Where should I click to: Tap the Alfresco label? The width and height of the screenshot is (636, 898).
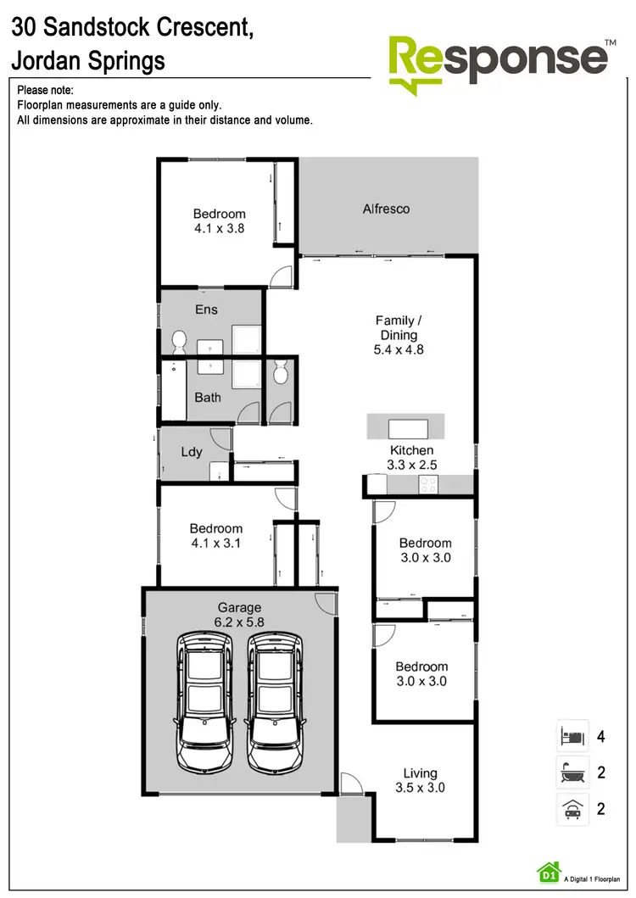point(386,209)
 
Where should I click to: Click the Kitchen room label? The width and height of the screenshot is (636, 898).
point(411,450)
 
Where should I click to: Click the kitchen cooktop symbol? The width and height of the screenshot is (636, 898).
point(428,484)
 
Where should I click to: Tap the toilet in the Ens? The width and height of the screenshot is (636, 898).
point(179,342)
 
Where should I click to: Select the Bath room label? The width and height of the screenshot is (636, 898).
point(208,397)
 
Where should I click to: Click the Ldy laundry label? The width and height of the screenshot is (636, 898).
point(192,452)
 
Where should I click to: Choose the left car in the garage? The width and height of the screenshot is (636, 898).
point(204,700)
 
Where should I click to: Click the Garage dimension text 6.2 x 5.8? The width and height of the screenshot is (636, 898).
point(239,622)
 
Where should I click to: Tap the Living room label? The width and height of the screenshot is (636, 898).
point(420,773)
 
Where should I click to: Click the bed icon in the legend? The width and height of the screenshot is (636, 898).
point(572,735)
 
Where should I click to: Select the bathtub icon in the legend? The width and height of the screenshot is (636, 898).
point(572,773)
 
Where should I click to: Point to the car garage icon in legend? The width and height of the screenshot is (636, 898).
point(572,809)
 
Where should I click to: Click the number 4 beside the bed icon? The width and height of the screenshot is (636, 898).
point(600,736)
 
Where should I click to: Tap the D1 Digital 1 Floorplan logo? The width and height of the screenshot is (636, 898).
point(548,871)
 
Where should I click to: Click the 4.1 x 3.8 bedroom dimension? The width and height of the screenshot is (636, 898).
point(219,228)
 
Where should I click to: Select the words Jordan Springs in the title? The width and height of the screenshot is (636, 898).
point(87,61)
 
